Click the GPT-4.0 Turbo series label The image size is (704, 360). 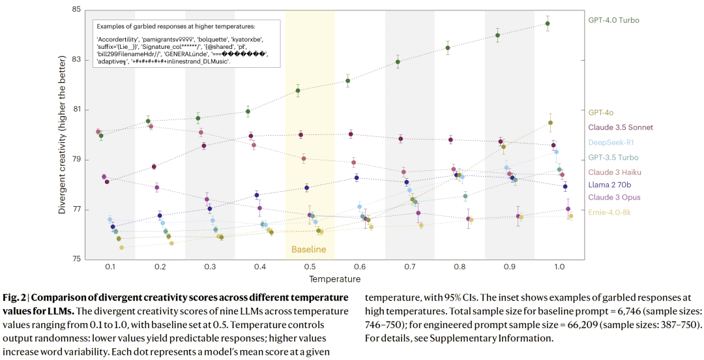tap(613, 20)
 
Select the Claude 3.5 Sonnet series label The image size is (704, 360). tap(620, 127)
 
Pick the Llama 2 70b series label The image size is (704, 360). tap(613, 185)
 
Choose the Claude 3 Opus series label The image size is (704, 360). tap(614, 197)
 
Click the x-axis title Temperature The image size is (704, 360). tap(334, 279)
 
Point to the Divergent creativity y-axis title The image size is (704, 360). tap(63, 135)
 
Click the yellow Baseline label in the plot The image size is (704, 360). tap(308, 250)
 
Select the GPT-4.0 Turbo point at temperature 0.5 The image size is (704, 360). tap(298, 91)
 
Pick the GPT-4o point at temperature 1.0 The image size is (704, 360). tap(550, 123)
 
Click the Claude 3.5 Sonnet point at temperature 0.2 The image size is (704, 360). tap(154, 167)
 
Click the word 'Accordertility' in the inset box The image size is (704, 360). tap(119, 40)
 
